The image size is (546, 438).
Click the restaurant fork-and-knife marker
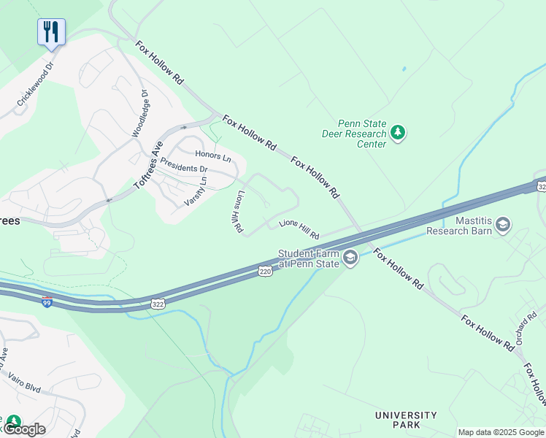pyautogui.click(x=51, y=31)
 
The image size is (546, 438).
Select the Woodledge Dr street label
pyautogui.click(x=139, y=113)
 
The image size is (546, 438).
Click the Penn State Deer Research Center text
pyautogui.click(x=354, y=134)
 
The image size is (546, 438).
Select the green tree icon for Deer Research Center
pyautogui.click(x=398, y=133)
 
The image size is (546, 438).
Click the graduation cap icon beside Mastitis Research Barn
pyautogui.click(x=503, y=225)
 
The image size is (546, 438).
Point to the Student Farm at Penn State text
pyautogui.click(x=308, y=258)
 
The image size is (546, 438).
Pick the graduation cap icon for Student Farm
pyautogui.click(x=350, y=258)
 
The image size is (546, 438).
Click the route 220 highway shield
pyautogui.click(x=265, y=272)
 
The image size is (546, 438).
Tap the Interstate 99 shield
pyautogui.click(x=47, y=301)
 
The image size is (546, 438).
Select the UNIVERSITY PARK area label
pyautogui.click(x=406, y=420)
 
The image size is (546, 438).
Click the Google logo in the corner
pyautogui.click(x=23, y=429)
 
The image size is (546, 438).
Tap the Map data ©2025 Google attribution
pyautogui.click(x=501, y=432)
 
